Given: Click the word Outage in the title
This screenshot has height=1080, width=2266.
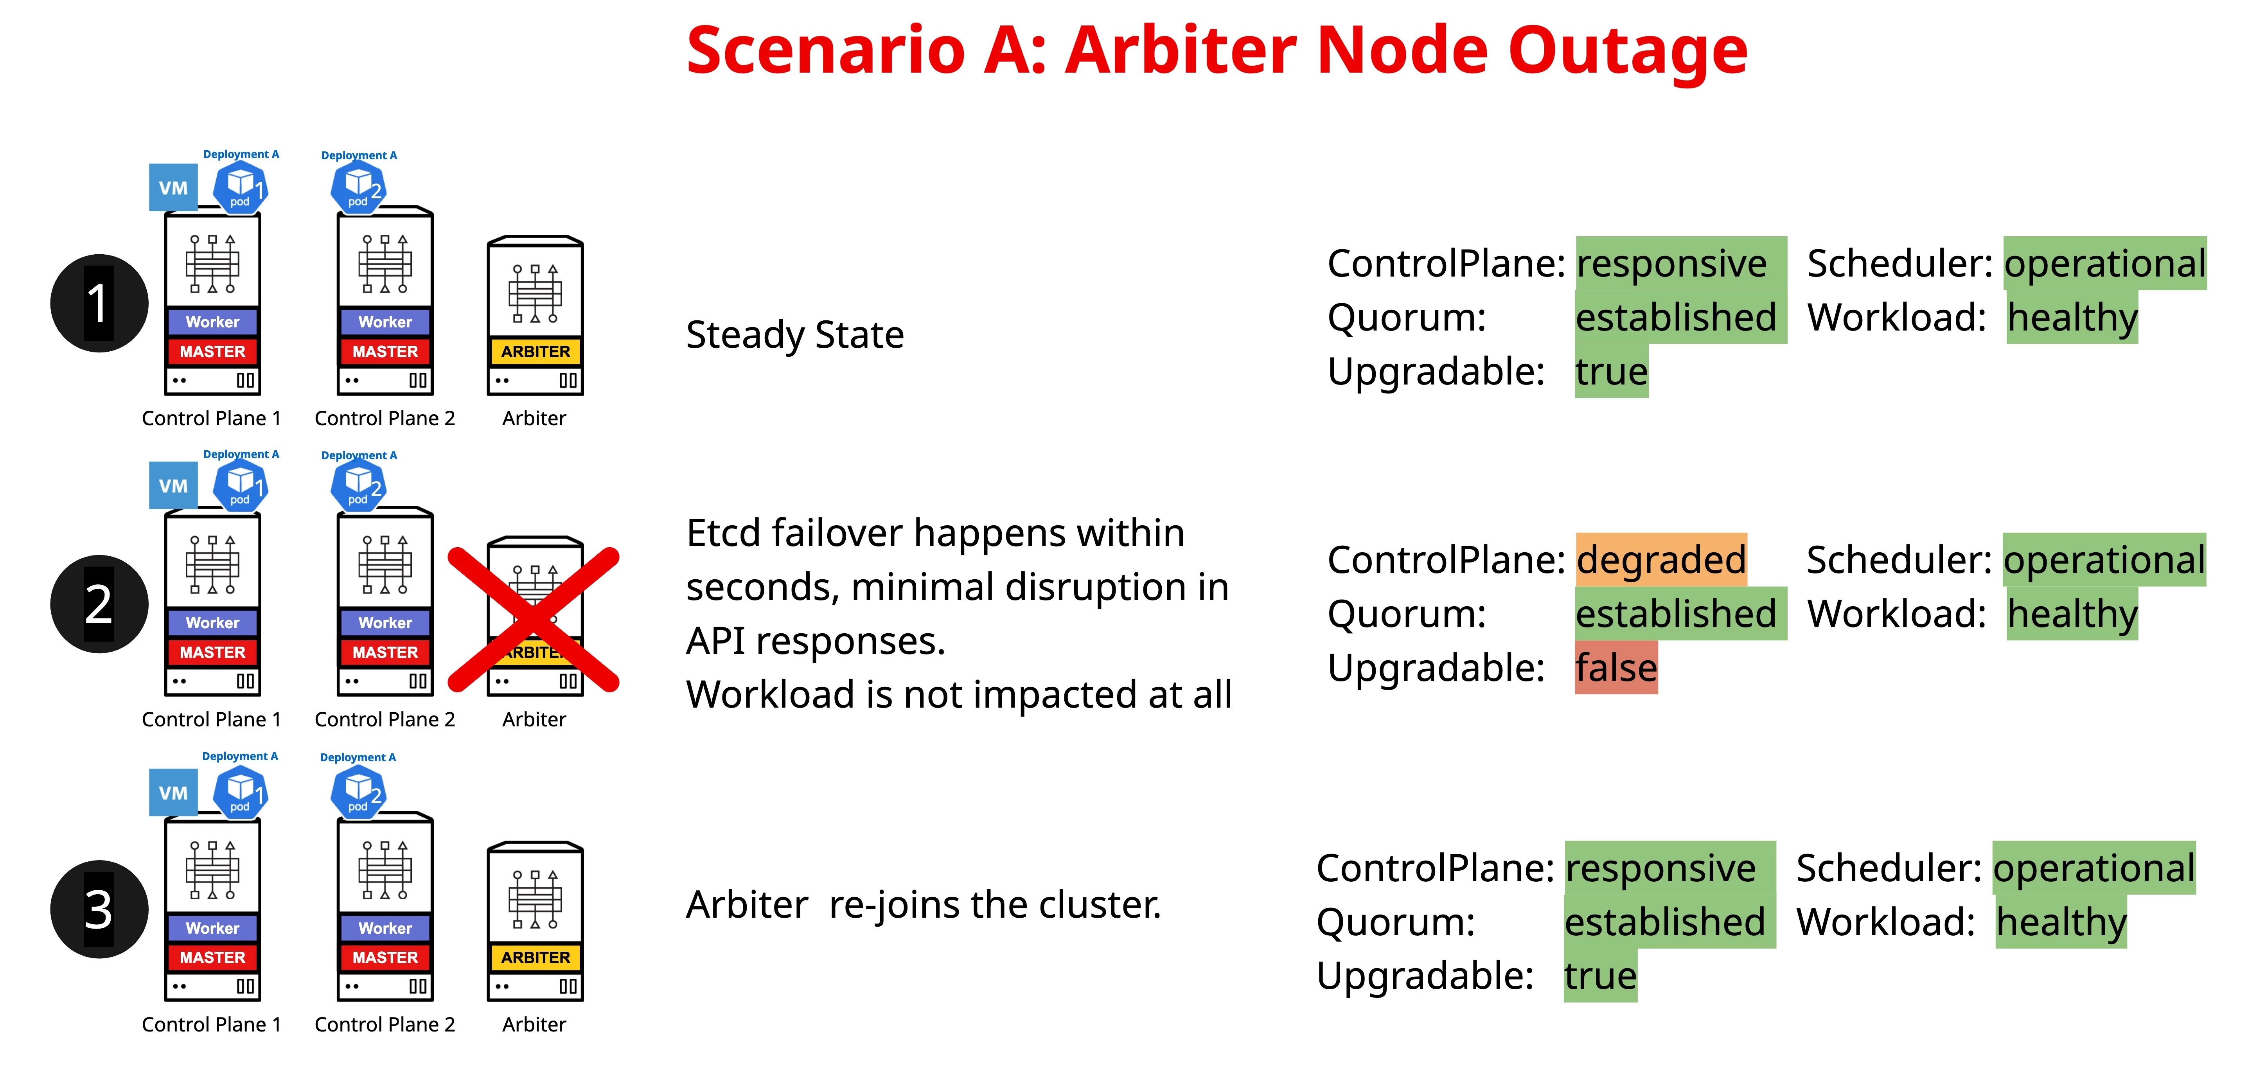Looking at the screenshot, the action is (x=1627, y=50).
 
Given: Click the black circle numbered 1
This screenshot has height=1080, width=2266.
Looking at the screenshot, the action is (x=99, y=304).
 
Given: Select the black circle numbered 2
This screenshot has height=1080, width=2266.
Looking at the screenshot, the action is (x=99, y=604).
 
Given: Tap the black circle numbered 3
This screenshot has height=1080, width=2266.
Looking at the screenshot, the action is (x=99, y=909).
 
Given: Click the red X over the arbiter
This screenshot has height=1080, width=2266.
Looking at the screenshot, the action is (x=534, y=618).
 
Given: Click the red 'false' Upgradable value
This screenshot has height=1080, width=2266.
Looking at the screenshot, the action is (x=1616, y=668).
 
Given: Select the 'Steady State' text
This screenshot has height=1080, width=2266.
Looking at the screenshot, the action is (x=794, y=335).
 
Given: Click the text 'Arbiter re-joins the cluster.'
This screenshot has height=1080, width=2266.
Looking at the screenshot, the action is (x=924, y=905).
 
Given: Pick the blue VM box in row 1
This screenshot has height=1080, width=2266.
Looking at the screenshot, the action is (x=173, y=187).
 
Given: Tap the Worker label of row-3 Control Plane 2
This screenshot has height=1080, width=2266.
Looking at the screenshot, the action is (x=385, y=928).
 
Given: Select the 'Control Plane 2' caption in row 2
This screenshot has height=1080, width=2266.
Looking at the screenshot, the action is (x=385, y=719).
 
